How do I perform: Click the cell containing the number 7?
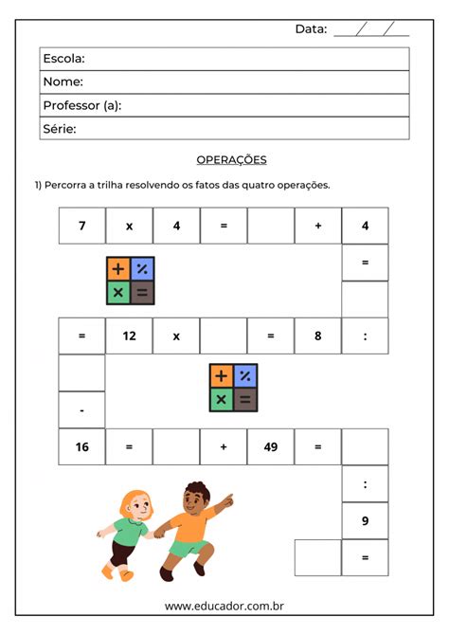pyautogui.click(x=82, y=226)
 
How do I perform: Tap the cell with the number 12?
pyautogui.click(x=129, y=336)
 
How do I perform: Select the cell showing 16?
pyautogui.click(x=82, y=446)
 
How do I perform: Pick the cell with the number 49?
pyautogui.click(x=270, y=446)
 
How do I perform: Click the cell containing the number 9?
pyautogui.click(x=365, y=520)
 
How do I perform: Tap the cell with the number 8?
pyautogui.click(x=317, y=336)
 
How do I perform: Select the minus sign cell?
pyautogui.click(x=82, y=410)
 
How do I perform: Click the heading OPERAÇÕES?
pyautogui.click(x=231, y=160)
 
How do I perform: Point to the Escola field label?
pyautogui.click(x=63, y=59)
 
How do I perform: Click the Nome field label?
pyautogui.click(x=63, y=82)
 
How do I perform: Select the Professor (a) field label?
pyautogui.click(x=81, y=105)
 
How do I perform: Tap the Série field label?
pyautogui.click(x=59, y=128)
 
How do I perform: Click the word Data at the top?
pyautogui.click(x=311, y=29)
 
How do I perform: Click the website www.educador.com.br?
pyautogui.click(x=224, y=606)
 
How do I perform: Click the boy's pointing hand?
pyautogui.click(x=227, y=497)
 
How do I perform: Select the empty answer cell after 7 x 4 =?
pyautogui.click(x=270, y=226)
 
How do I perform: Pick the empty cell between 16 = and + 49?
pyautogui.click(x=176, y=446)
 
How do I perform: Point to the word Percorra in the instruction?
pyautogui.click(x=65, y=185)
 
